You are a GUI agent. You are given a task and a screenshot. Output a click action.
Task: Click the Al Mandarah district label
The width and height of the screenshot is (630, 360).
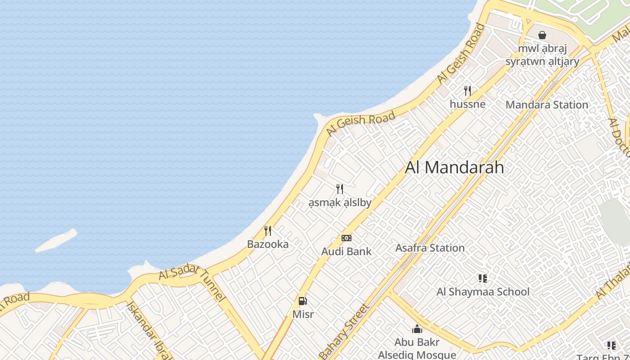(454, 167)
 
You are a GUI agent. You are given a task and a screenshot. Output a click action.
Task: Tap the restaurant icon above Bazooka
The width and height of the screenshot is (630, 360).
(268, 231)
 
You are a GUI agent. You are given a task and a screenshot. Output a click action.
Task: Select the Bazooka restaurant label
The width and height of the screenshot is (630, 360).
(268, 244)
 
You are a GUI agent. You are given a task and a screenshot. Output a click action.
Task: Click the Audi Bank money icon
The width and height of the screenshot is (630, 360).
(346, 238)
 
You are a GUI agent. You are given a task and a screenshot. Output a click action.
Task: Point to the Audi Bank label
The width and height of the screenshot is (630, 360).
(346, 252)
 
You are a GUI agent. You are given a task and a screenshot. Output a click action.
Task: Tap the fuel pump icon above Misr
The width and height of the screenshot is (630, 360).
(303, 301)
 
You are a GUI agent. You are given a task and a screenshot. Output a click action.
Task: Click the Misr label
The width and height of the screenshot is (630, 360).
(303, 314)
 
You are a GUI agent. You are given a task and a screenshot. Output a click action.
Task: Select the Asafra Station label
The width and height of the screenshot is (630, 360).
(430, 248)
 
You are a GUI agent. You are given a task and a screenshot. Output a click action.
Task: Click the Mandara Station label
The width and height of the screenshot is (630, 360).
(547, 105)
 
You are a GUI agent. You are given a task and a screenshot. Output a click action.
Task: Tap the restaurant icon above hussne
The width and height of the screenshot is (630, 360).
(468, 91)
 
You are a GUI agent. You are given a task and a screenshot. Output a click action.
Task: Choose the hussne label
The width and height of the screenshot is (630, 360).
(468, 104)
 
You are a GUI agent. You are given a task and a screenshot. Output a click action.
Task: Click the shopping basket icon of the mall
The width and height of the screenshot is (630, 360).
(542, 35)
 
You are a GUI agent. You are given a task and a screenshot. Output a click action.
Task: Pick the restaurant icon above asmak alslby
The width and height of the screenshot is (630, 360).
(340, 189)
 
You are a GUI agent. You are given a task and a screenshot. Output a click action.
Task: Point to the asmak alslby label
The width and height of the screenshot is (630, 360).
(340, 203)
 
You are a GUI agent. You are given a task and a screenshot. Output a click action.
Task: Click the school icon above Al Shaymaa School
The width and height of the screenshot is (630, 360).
(483, 279)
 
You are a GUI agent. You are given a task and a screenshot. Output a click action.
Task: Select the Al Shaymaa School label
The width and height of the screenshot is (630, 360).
(483, 292)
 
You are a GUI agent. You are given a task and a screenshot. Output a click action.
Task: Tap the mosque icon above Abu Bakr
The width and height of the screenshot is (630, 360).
(417, 329)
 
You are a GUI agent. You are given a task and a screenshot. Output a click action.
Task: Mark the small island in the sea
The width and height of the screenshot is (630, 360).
(57, 241)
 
